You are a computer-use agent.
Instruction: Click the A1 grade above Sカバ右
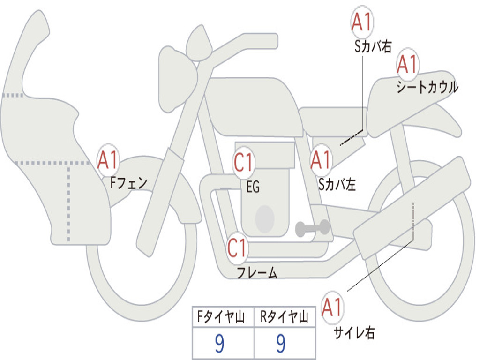tap(362, 22)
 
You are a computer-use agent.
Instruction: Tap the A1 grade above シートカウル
tap(408, 64)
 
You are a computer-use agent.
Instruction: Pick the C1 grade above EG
tap(244, 162)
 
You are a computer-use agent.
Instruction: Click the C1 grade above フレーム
tap(238, 247)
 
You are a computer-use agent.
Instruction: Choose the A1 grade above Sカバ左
tap(321, 160)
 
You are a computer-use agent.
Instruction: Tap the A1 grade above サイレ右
tap(332, 307)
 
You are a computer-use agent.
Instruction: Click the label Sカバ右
tap(373, 46)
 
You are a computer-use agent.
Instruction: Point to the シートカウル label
tap(427, 87)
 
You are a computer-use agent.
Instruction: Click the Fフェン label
tap(128, 183)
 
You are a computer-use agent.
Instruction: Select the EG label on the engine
tap(253, 187)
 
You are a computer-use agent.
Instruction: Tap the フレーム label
tap(257, 272)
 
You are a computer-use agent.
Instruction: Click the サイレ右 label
tap(354, 332)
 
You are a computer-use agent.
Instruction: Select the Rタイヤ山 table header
tap(284, 317)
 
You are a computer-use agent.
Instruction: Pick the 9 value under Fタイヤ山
tap(219, 343)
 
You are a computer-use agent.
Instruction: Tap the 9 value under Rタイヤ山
tap(281, 343)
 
